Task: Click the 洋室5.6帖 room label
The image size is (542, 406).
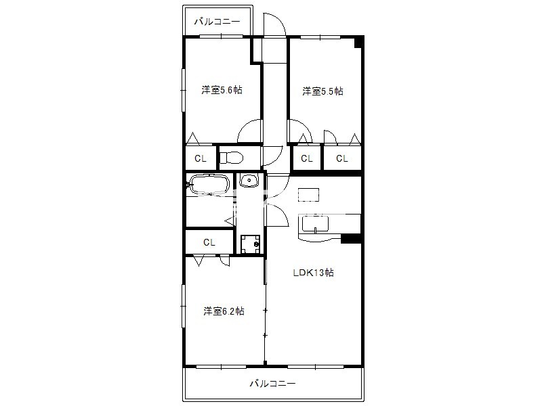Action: tap(222, 90)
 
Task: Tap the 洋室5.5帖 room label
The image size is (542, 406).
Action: tap(322, 91)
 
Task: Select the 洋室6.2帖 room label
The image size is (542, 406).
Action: tap(224, 311)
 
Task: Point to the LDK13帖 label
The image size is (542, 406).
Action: tap(313, 273)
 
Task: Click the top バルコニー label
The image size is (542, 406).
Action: tap(217, 22)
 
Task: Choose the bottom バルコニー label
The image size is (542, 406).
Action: tap(273, 383)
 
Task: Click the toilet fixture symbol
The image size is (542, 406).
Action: tap(231, 158)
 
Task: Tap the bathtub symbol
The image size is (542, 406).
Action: tap(208, 184)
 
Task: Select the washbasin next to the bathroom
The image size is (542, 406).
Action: tap(249, 180)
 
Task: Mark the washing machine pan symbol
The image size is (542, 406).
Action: tap(250, 244)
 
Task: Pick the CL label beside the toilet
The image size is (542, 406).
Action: tap(201, 158)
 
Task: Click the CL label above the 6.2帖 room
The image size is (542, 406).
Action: tap(209, 242)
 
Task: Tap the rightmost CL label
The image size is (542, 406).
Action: tap(342, 158)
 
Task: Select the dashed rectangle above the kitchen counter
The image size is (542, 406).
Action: tap(309, 194)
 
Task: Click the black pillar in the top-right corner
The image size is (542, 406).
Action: tap(359, 42)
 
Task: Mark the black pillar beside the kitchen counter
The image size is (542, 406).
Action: tap(351, 239)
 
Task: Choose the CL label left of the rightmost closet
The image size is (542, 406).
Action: tap(307, 158)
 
